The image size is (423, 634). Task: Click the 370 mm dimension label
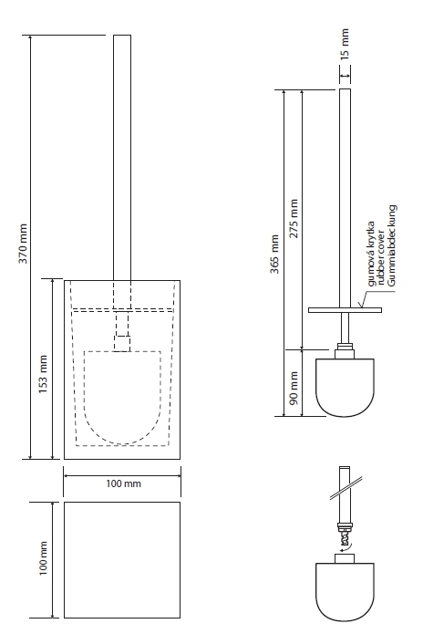24,244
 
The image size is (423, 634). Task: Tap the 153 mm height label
43,374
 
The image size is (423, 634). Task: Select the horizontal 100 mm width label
124,483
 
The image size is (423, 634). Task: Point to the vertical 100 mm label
43,558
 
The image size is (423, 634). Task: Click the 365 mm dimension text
274,254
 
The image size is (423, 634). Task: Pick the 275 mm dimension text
294,218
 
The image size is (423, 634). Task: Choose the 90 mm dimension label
294,389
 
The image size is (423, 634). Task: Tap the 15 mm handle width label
345,44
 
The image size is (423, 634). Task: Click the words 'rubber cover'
381,259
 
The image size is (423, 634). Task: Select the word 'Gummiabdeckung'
391,245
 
